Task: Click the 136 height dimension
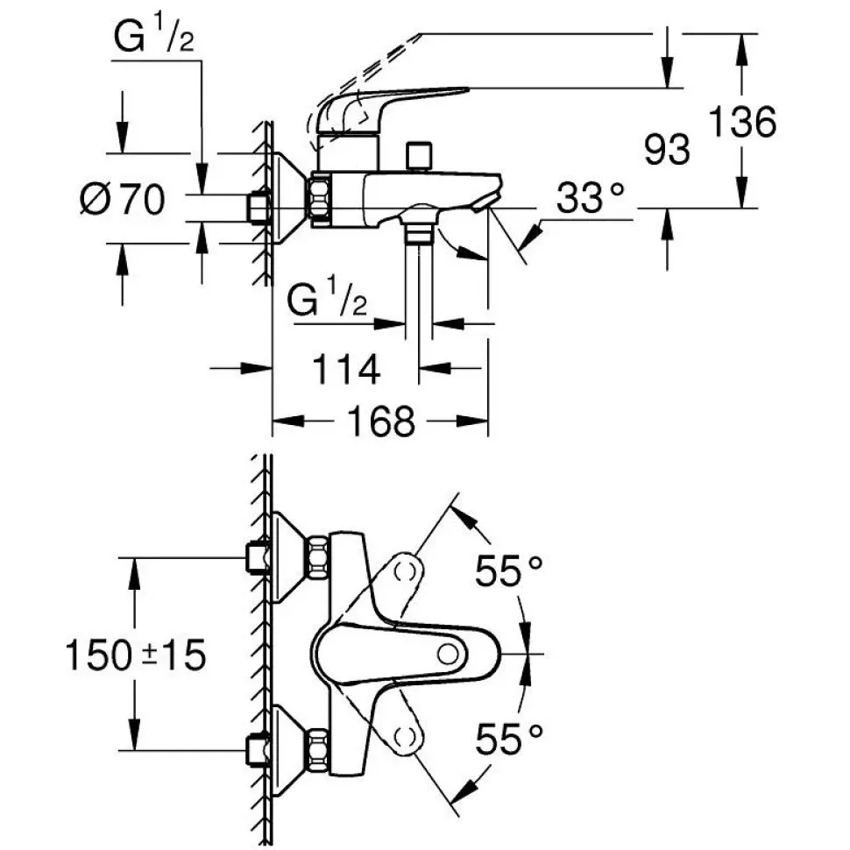741,123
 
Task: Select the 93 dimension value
667,150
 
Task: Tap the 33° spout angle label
592,202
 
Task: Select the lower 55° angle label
509,741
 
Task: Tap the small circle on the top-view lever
448,653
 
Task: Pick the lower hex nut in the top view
316,748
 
